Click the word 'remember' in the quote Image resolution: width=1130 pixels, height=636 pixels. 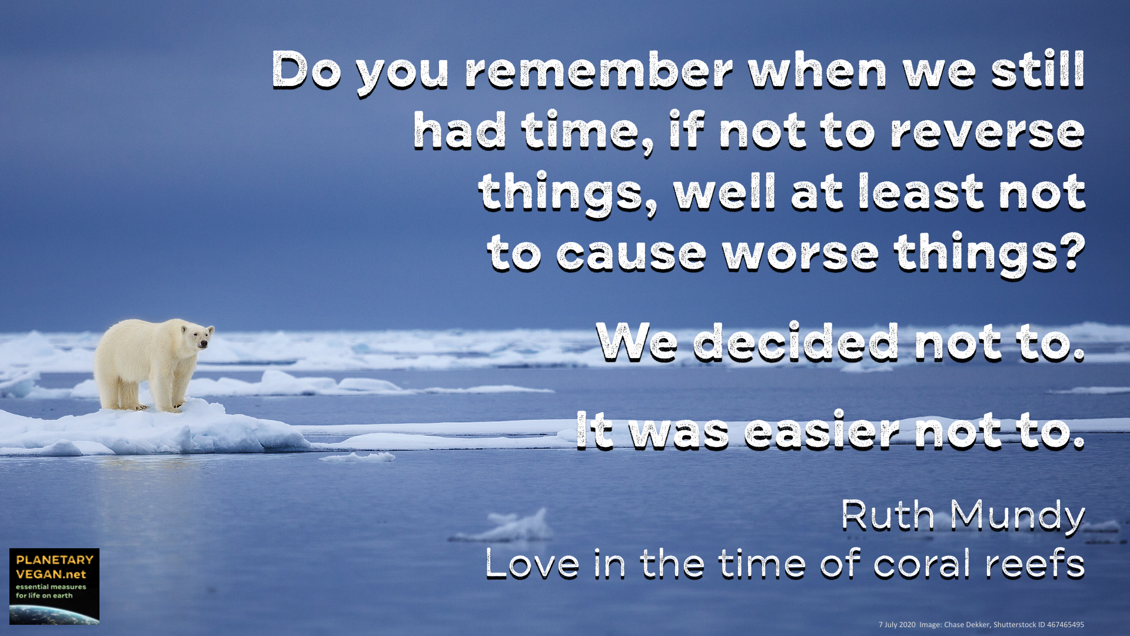pyautogui.click(x=599, y=71)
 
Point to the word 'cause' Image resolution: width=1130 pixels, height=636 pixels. pyautogui.click(x=631, y=254)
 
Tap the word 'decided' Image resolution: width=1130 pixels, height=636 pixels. pyautogui.click(x=796, y=342)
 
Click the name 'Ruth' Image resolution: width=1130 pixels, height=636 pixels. pyautogui.click(x=888, y=515)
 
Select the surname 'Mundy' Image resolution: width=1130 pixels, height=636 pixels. pyautogui.click(x=1018, y=517)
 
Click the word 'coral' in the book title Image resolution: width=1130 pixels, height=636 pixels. pyautogui.click(x=922, y=564)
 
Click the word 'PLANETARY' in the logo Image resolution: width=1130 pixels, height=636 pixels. pyautogui.click(x=55, y=559)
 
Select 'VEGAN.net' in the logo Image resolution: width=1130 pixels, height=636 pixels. pyautogui.click(x=51, y=574)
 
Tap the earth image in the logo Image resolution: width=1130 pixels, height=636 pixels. pyautogui.click(x=54, y=615)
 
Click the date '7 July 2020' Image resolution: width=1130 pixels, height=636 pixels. pyautogui.click(x=897, y=625)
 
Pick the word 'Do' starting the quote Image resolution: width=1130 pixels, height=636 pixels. pyautogui.click(x=306, y=71)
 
